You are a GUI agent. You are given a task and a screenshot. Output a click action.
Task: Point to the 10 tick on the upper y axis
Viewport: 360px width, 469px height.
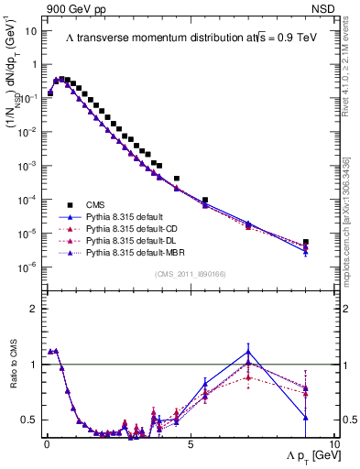tap(31, 30)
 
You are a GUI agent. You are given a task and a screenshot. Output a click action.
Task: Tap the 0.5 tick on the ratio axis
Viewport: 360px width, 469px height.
tap(28, 420)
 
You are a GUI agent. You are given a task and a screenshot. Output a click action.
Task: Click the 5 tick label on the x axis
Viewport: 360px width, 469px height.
tap(189, 443)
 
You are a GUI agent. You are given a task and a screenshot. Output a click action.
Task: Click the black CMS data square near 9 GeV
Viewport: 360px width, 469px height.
tap(306, 243)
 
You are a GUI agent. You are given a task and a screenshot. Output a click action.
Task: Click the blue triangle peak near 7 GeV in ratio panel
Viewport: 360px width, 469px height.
tap(248, 350)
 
